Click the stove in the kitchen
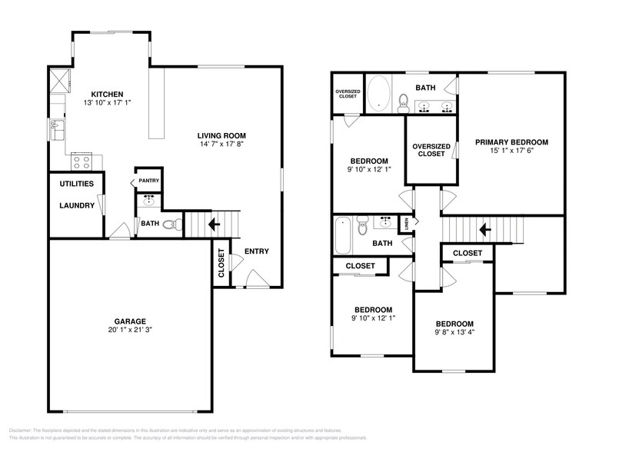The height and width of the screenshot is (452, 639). pos(81,161)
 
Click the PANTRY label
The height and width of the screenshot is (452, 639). pos(148,181)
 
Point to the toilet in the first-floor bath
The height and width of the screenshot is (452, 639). pos(176,224)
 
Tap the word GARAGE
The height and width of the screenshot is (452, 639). pos(130,321)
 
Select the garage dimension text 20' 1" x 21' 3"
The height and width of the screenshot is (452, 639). pos(130,331)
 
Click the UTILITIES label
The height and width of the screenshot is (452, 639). pos(76,184)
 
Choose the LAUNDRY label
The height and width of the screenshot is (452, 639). pos(77,205)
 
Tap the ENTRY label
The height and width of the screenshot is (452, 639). pos(256,251)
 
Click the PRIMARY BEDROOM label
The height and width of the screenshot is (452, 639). pos(511,142)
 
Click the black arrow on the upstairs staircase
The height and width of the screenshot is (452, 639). pos(484,229)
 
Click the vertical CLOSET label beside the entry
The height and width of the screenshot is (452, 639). pos(221,263)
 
